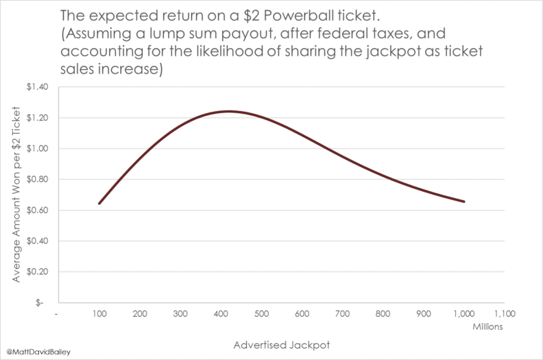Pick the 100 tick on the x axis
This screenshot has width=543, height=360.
click(99, 314)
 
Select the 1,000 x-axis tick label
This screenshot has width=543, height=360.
click(464, 314)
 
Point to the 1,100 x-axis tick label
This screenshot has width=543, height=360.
click(504, 314)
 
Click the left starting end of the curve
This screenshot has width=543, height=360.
click(99, 203)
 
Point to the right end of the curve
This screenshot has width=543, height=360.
click(464, 202)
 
